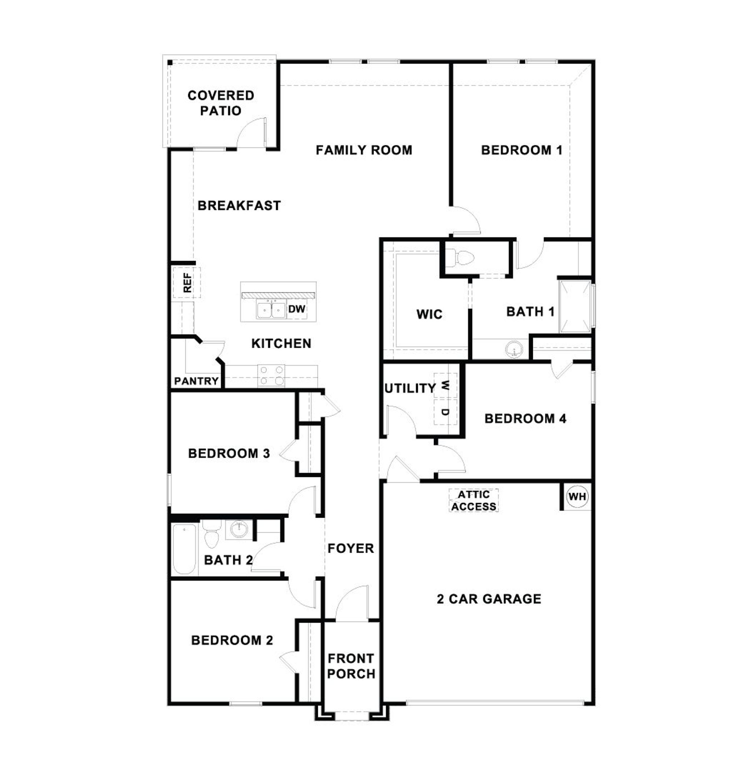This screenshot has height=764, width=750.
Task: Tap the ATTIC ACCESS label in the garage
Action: coord(474,500)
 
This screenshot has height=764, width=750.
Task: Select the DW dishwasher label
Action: coord(296,309)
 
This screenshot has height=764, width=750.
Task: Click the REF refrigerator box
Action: coord(187,282)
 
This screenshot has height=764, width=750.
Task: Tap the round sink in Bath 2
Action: coord(239,530)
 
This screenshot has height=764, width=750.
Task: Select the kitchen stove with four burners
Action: coord(271,375)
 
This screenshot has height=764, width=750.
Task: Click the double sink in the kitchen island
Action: coord(271,310)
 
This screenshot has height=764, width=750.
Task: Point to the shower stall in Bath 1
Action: coord(575,306)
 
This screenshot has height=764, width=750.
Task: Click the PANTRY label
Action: coord(196,381)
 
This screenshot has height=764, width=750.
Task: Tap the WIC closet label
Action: coord(429,314)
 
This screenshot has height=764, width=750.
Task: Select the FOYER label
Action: coord(350,548)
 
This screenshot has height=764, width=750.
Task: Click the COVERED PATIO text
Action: coord(220,103)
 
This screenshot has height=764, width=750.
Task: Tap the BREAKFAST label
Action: coord(239,205)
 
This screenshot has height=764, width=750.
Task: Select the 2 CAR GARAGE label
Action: coord(489,599)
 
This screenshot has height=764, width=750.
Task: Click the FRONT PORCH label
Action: coord(351,666)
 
